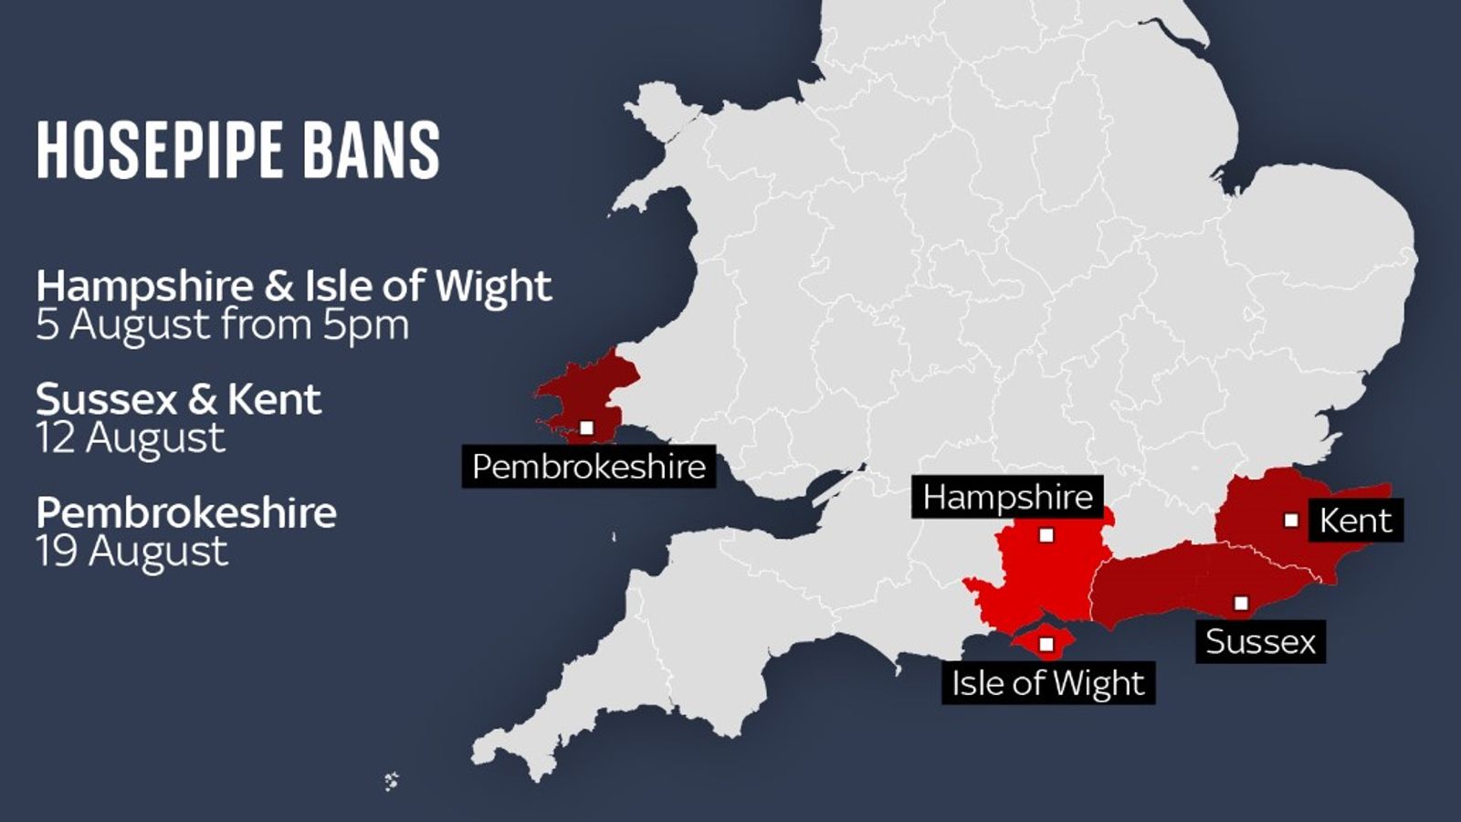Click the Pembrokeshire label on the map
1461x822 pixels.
(589, 467)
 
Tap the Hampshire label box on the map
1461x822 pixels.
(1007, 497)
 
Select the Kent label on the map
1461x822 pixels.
(1355, 521)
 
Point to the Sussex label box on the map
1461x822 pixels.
(1260, 641)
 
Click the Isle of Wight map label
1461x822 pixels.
(1047, 683)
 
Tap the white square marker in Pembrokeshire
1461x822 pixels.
(586, 427)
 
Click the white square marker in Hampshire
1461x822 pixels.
(1046, 535)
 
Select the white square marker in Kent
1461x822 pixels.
(1291, 521)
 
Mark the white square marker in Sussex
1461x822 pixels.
(1241, 603)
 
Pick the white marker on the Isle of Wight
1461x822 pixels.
(1047, 645)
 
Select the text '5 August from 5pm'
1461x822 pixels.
(223, 326)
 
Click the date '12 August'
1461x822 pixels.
(131, 439)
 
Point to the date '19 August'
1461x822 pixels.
(132, 553)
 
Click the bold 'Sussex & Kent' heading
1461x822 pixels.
(179, 400)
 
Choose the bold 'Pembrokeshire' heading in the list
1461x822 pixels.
(186, 512)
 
